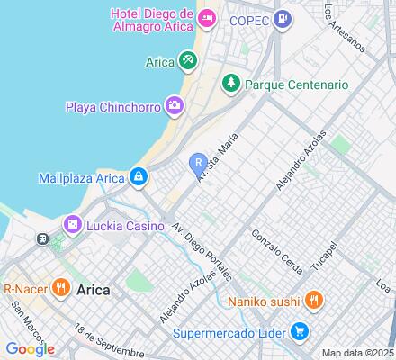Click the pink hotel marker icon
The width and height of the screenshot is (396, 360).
coord(207,18)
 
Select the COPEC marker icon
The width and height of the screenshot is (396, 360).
coord(283,18)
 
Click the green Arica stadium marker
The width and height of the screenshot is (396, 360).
coord(187,61)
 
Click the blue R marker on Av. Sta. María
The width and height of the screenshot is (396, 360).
coord(197,162)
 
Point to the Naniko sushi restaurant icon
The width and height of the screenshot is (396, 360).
coord(311,301)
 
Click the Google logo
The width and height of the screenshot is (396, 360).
coord(30,349)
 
